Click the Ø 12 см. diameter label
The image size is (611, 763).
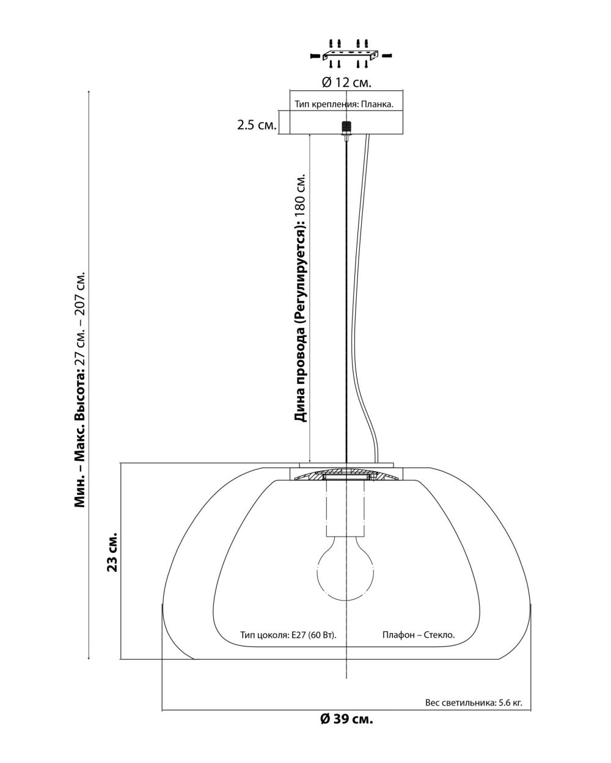346,82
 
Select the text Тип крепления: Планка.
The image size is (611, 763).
343,104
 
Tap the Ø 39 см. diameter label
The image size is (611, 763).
346,718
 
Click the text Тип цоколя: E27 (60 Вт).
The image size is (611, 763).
289,635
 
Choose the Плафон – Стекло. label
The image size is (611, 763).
419,635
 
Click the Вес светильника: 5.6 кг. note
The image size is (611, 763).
474,703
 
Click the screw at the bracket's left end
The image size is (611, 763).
315,56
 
